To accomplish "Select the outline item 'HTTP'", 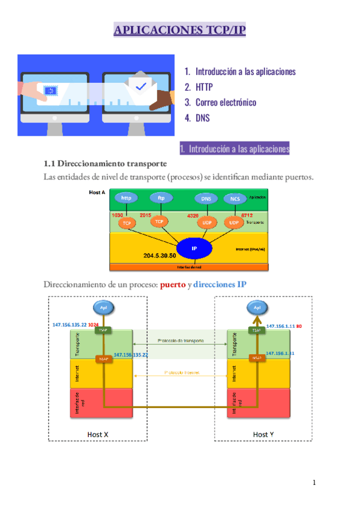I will point(204,87).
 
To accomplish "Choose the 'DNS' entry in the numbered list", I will point(203,118).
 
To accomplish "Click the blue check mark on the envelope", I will point(141,86).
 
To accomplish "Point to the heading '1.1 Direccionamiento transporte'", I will point(105,163).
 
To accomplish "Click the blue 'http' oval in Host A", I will point(126,197).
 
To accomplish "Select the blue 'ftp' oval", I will point(161,197).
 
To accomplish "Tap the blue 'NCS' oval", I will point(233,199).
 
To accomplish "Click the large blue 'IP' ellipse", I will point(194,247).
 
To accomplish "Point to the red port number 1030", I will point(117,215).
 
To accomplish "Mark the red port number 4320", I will point(193,215).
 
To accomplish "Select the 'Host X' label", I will point(98,434).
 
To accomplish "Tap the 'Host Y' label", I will point(263,434).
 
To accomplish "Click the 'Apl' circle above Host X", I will point(103,308).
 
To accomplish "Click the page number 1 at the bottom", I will point(314,483).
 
